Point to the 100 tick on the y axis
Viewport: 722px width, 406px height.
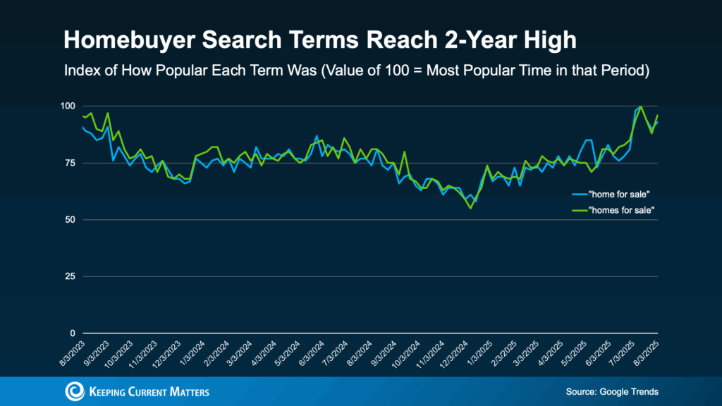[x=68, y=106]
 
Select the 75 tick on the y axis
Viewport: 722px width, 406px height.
[x=70, y=163]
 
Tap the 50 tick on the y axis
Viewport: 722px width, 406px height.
[x=70, y=220]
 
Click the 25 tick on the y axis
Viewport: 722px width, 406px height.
[x=70, y=276]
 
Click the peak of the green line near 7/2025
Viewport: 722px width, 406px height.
[x=640, y=106]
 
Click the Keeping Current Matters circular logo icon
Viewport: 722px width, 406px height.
[x=73, y=391]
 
